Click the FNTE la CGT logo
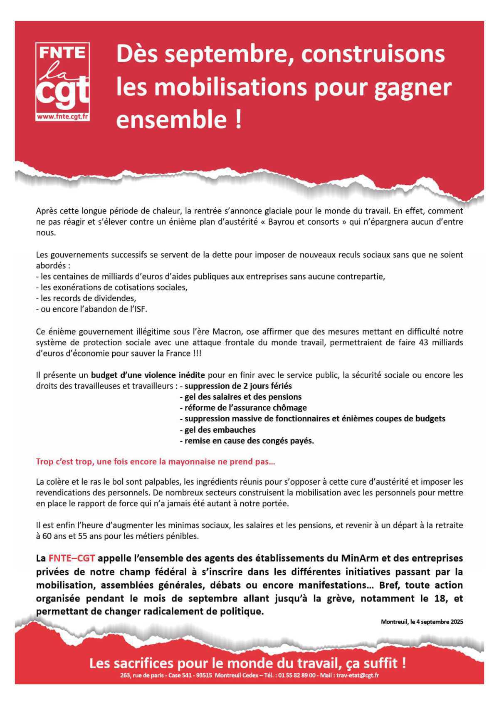point(63,79)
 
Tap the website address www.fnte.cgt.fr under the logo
point(63,117)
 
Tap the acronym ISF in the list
point(139,309)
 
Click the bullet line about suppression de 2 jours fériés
point(238,386)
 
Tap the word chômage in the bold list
point(290,408)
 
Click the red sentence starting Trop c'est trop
point(156,461)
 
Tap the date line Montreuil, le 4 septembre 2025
point(422,622)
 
